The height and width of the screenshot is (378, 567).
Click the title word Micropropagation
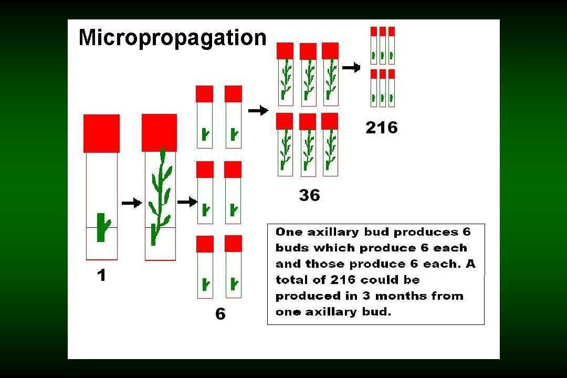(173, 38)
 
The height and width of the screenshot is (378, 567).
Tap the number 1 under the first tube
(102, 275)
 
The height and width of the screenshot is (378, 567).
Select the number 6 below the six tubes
(220, 313)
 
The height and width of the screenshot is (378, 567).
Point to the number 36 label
(310, 195)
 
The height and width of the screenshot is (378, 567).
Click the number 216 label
(382, 128)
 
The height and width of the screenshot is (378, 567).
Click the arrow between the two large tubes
(132, 203)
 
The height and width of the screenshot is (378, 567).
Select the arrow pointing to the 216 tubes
(351, 67)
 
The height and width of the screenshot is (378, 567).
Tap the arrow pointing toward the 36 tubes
(258, 110)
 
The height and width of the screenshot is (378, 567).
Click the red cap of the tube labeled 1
(102, 133)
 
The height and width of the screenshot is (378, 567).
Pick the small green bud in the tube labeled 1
(103, 227)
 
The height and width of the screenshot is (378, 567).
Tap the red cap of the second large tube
(160, 133)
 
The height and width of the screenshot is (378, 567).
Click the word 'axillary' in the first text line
(333, 232)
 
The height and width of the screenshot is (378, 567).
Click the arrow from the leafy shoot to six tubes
(187, 202)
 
